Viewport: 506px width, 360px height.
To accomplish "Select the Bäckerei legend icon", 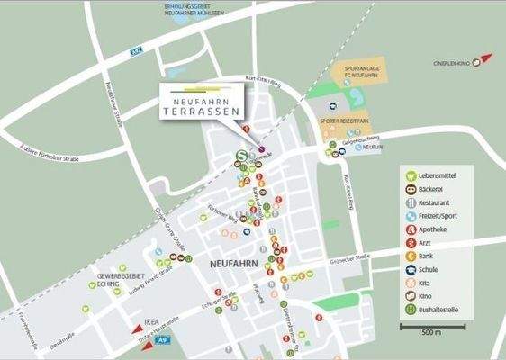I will tap(411, 189).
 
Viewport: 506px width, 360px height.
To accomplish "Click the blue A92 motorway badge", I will tap(138, 54).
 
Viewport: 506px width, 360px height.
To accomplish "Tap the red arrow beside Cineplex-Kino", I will tap(487, 58).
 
